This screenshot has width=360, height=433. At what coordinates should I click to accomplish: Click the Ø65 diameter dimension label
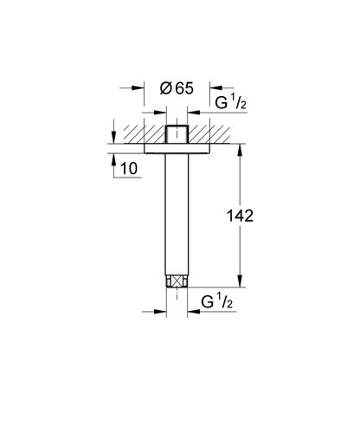[177, 88]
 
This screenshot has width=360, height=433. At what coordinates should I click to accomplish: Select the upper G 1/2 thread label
[231, 102]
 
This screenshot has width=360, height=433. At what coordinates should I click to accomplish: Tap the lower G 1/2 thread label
[216, 301]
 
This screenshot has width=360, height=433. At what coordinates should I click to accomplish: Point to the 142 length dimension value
[240, 216]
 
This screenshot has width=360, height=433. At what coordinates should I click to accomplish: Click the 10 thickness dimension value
[129, 168]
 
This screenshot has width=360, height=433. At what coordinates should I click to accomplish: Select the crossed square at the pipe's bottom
[177, 281]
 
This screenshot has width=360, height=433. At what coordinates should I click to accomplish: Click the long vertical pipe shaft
[177, 214]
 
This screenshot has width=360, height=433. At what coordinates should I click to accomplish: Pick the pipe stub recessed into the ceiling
[177, 134]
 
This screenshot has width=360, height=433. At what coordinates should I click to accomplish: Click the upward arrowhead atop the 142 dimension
[240, 150]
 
